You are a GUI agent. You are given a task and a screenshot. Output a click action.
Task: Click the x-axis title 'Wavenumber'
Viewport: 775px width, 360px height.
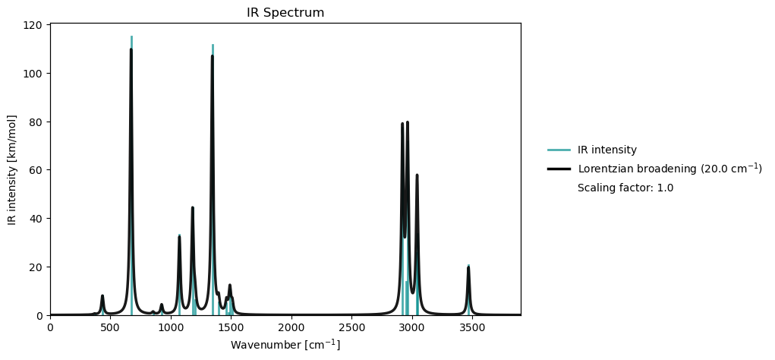[285, 345]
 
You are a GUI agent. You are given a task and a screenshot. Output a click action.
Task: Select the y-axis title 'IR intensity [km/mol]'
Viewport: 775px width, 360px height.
[12, 170]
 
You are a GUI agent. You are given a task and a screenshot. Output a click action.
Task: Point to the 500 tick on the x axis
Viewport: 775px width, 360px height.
[110, 315]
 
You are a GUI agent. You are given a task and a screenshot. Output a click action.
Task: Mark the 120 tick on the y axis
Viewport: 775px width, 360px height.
[50, 25]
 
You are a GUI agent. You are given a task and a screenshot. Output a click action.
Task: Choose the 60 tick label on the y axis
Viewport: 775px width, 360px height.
[36, 170]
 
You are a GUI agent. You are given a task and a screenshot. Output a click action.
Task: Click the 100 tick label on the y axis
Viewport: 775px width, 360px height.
[33, 74]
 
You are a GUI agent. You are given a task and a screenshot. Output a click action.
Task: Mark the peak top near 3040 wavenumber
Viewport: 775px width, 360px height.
[417, 175]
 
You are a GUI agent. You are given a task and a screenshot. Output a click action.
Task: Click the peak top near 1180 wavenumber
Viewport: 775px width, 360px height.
[193, 207]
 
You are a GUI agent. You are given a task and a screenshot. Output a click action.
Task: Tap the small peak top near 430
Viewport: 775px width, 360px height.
[102, 295]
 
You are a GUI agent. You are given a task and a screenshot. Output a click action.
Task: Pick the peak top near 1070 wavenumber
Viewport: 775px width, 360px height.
[180, 236]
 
